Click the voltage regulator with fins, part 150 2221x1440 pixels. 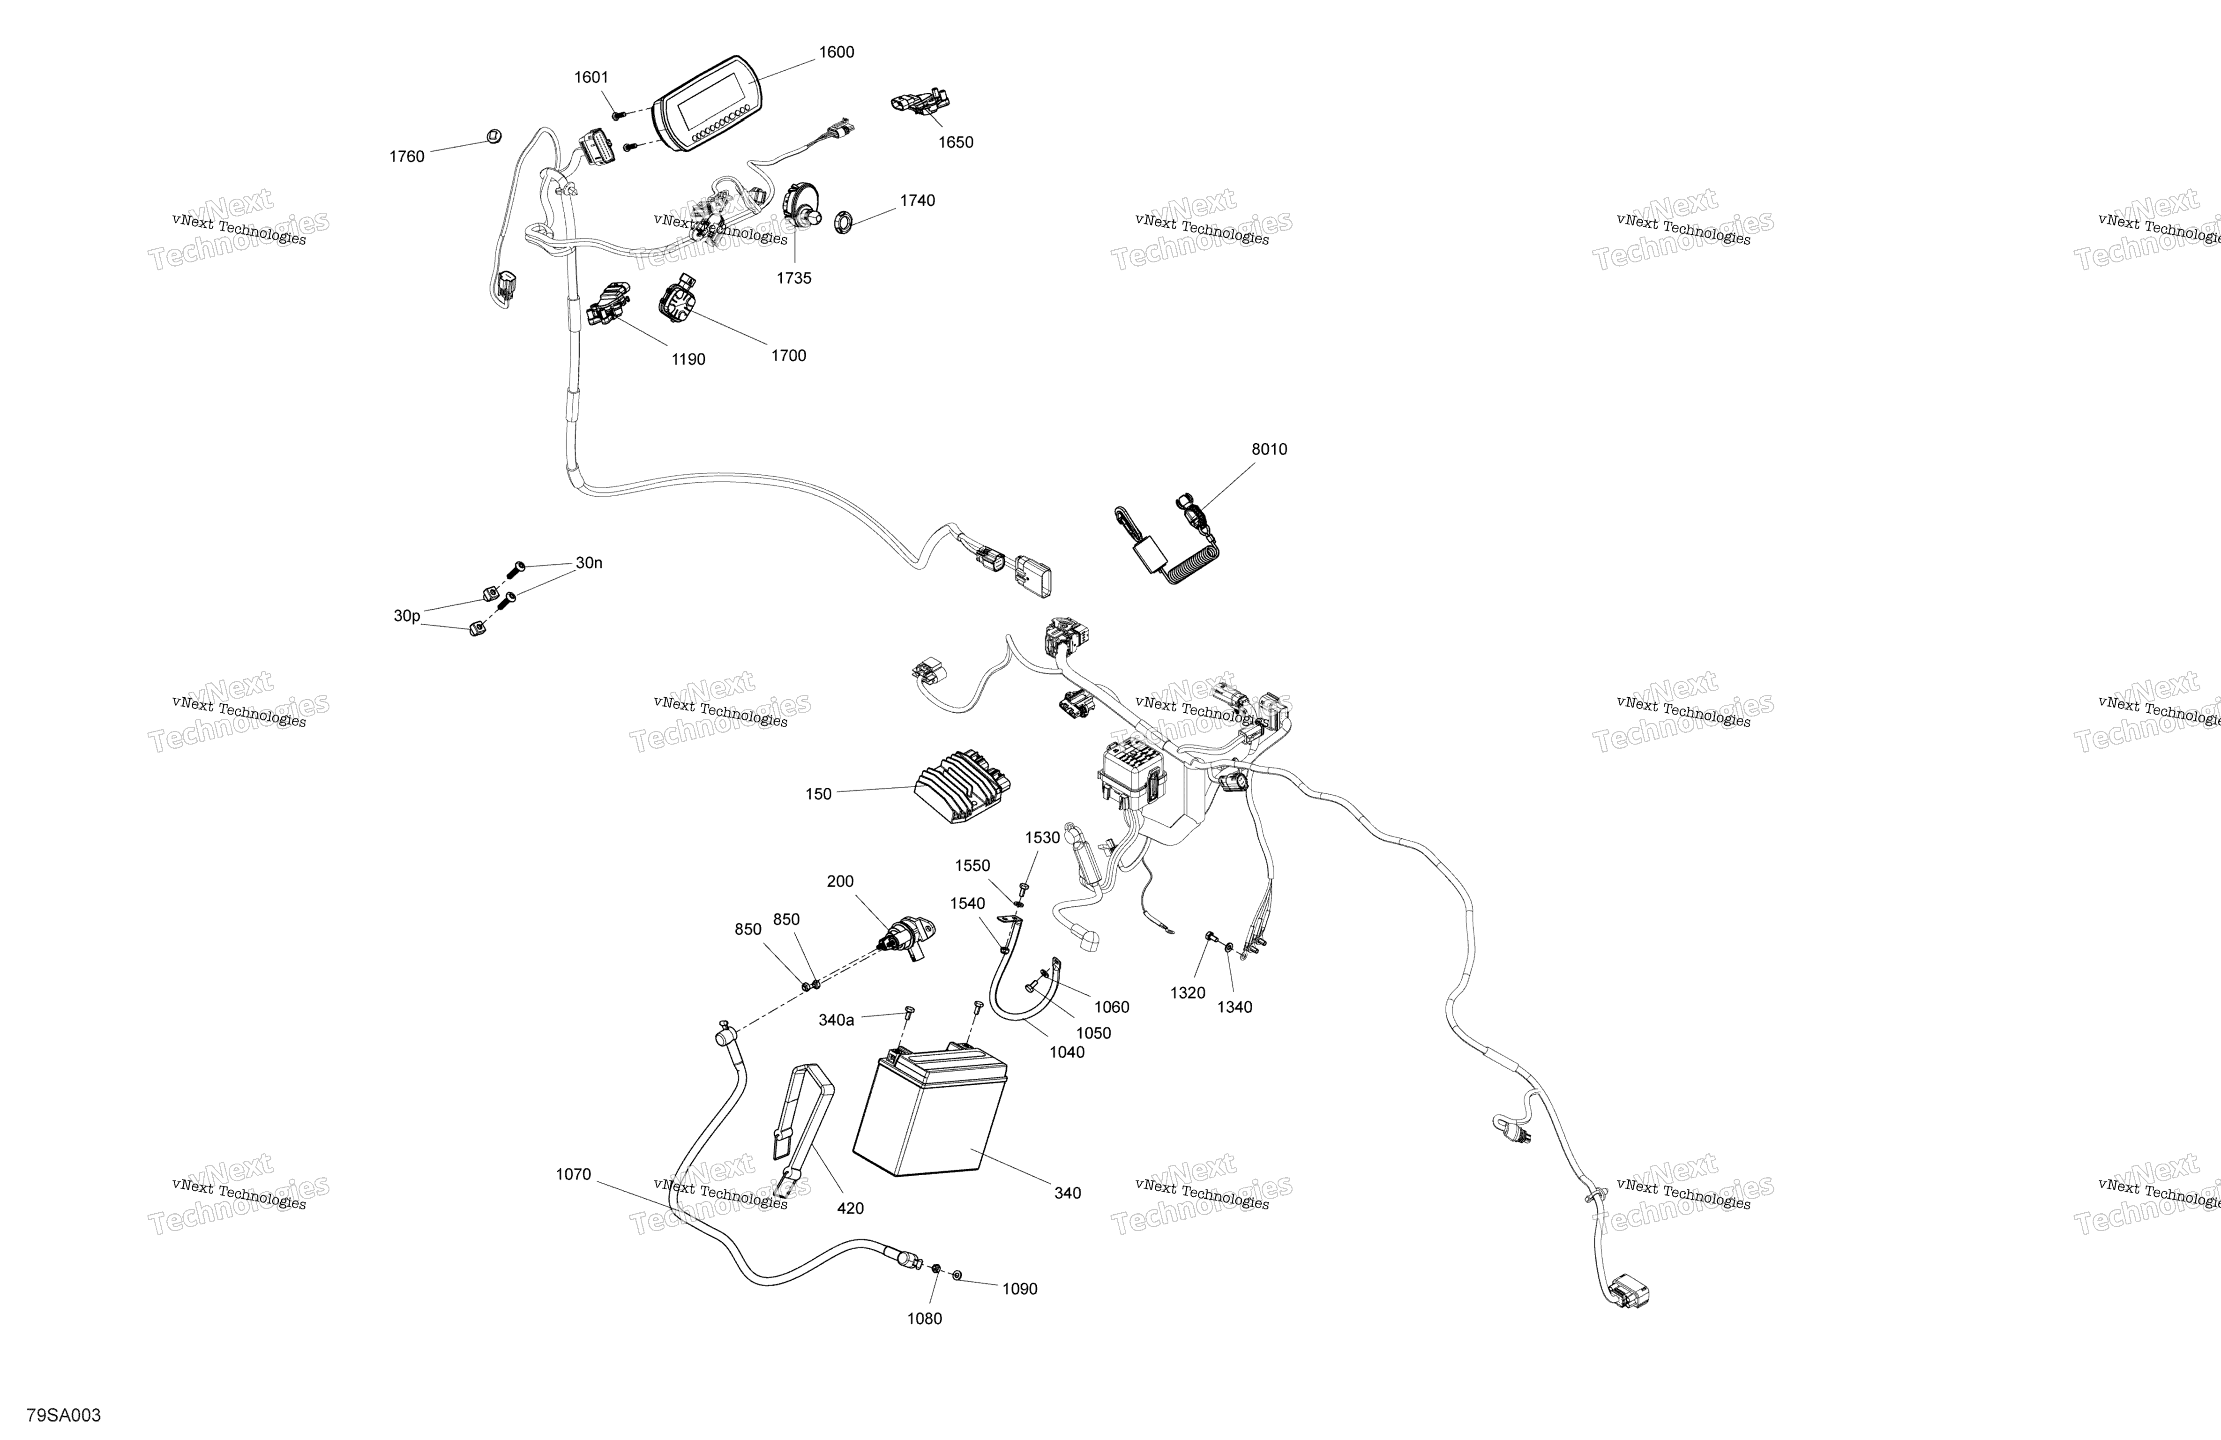pos(961,784)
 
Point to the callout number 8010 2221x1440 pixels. pos(1268,449)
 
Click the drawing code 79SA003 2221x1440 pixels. pos(63,1415)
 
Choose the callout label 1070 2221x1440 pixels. pos(573,1174)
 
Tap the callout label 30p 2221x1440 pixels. pos(406,616)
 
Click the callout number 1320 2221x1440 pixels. pos(1187,993)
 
